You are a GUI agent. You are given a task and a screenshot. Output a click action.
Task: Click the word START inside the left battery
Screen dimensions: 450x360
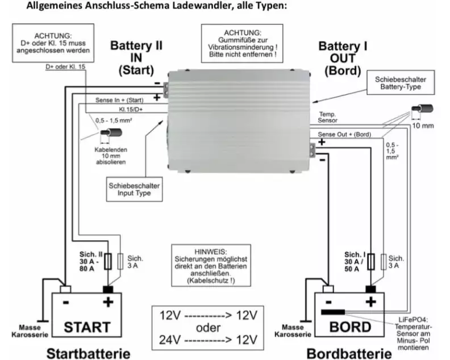coord(87,327)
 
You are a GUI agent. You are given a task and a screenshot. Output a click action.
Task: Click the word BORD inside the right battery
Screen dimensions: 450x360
coord(350,327)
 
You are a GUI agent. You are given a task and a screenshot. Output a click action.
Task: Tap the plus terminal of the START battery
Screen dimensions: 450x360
coord(108,289)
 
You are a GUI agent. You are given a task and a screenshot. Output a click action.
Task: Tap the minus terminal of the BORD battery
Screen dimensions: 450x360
coord(328,289)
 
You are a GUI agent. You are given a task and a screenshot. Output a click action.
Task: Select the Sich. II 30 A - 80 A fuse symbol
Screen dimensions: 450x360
coord(108,261)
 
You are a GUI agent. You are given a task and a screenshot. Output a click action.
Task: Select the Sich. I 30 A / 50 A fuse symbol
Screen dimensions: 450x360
coord(371,261)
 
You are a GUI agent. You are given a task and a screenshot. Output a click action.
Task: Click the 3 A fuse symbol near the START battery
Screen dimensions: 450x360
coord(120,261)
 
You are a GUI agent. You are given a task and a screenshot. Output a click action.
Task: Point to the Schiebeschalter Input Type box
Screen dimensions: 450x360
coord(134,189)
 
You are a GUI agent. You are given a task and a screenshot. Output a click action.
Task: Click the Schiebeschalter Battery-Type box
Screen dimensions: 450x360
coord(401,82)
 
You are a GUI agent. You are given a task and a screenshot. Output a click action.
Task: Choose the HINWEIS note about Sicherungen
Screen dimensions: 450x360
coord(211,266)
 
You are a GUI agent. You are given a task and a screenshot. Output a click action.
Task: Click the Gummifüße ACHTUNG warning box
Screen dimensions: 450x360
coord(242,43)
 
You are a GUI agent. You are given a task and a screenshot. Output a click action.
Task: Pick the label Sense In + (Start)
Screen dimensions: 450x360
coord(119,100)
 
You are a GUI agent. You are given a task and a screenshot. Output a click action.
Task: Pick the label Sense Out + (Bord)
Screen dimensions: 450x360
coord(344,134)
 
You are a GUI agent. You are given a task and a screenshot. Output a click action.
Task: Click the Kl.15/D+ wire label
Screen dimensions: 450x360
coord(131,109)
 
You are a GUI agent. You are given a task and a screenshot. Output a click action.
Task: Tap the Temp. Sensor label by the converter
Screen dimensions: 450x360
coord(327,118)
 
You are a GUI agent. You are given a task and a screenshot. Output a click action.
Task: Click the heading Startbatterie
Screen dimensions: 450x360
coord(89,354)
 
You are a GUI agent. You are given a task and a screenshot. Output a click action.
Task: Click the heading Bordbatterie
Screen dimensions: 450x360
coord(349,354)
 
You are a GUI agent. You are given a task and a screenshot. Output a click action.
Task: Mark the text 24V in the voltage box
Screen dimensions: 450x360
coord(170,340)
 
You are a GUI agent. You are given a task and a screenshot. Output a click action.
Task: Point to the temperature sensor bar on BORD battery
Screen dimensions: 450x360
coord(333,312)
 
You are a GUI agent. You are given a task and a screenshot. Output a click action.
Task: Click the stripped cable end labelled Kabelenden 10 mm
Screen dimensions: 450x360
coord(111,133)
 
